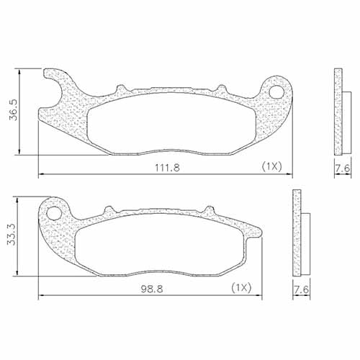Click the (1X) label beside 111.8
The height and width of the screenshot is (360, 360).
[270, 166]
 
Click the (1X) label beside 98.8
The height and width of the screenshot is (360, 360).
[240, 288]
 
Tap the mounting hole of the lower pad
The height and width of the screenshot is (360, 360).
[52, 214]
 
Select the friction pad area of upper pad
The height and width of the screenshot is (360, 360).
[173, 124]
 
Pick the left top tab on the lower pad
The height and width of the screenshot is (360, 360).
[109, 210]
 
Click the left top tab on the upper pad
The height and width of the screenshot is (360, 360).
[121, 89]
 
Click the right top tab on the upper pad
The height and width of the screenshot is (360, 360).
[217, 89]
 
